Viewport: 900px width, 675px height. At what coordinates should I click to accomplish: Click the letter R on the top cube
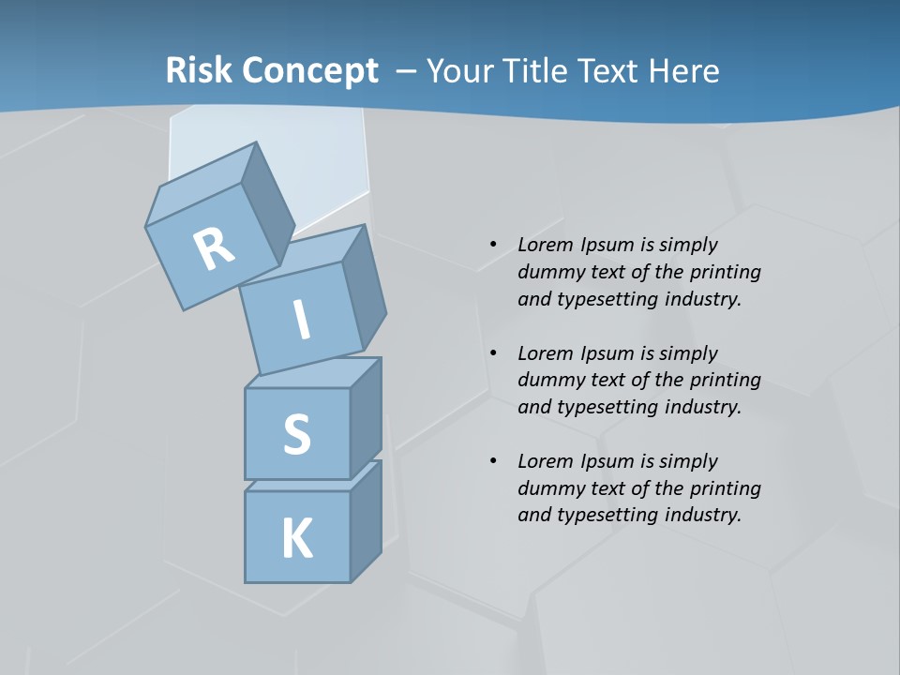(214, 248)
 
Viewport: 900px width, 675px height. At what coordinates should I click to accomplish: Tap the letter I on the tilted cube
(302, 320)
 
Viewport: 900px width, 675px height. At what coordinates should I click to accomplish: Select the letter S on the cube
(296, 435)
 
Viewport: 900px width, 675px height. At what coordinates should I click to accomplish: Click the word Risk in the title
(199, 71)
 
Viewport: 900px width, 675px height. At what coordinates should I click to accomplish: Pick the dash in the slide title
(407, 71)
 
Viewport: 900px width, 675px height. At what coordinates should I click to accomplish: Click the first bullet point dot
(493, 245)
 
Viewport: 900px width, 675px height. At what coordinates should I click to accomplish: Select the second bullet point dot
(493, 353)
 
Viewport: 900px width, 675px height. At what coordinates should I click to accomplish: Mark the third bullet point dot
(493, 461)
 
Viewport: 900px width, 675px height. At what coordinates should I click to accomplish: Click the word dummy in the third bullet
(549, 488)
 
